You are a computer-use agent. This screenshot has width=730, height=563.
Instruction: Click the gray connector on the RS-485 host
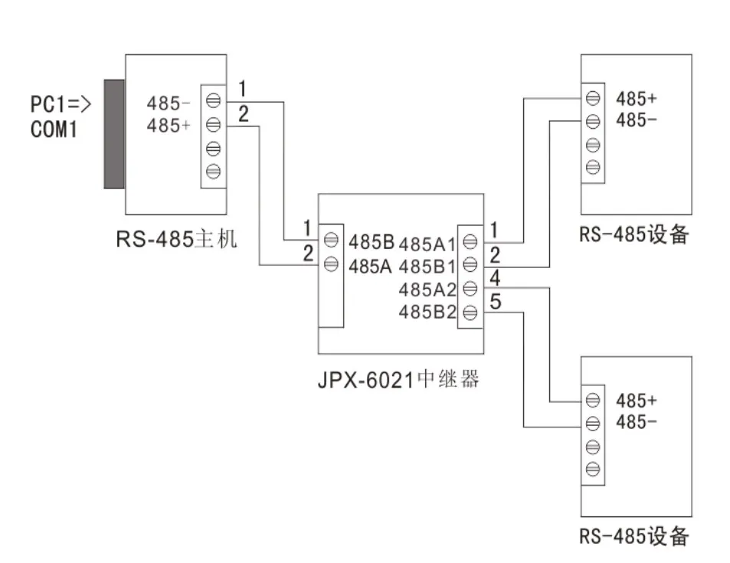point(115,133)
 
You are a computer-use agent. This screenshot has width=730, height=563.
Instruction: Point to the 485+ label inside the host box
point(169,126)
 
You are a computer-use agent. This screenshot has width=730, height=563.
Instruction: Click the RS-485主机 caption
point(176,239)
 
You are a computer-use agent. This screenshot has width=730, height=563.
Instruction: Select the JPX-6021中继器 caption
point(398,378)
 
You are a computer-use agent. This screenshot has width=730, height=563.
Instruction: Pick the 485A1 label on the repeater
point(427,244)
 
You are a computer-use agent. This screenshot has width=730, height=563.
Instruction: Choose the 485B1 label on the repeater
point(427,267)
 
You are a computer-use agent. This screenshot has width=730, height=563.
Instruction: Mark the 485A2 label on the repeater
point(427,289)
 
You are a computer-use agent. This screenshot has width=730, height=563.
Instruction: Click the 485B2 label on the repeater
point(427,312)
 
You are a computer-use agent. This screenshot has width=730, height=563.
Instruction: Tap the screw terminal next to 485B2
point(470,312)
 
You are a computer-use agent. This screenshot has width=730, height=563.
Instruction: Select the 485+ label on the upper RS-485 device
point(637,99)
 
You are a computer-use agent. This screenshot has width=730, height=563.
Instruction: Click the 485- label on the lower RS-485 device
point(637,422)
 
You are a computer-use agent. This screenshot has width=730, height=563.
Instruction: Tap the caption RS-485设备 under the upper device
point(634,234)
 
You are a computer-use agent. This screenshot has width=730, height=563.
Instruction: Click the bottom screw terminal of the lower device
point(592,470)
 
